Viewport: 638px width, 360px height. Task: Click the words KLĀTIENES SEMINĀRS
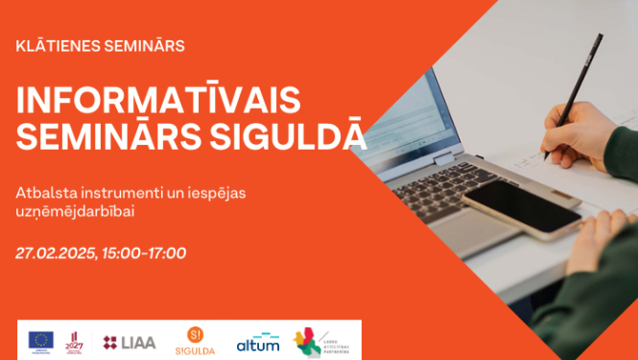tap(101, 45)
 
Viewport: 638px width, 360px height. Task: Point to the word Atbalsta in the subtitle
tap(43, 193)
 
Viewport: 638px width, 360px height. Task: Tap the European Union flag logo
tap(40, 340)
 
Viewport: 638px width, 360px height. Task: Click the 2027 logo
tap(75, 340)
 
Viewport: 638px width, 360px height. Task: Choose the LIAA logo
tap(130, 341)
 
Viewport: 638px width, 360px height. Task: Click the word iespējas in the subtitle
tap(215, 193)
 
